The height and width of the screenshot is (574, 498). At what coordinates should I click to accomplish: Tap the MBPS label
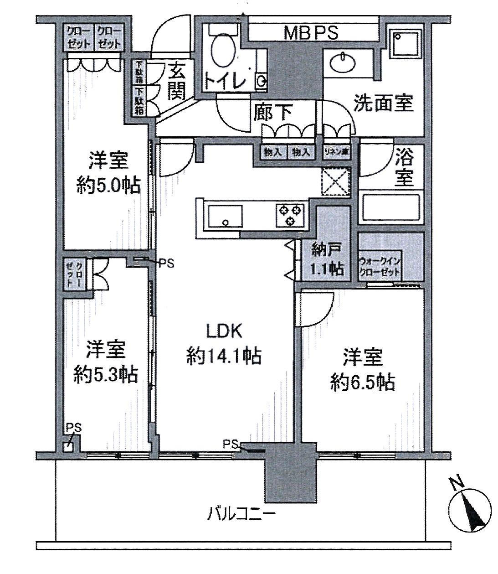(311, 33)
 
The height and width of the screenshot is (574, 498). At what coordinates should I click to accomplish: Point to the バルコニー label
(242, 515)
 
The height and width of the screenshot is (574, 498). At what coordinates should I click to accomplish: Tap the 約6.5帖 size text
(362, 382)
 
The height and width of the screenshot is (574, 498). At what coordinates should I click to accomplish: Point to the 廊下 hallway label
(273, 112)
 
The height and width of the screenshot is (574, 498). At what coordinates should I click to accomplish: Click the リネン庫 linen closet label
(336, 152)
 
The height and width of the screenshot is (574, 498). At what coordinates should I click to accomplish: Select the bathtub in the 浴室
(392, 207)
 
